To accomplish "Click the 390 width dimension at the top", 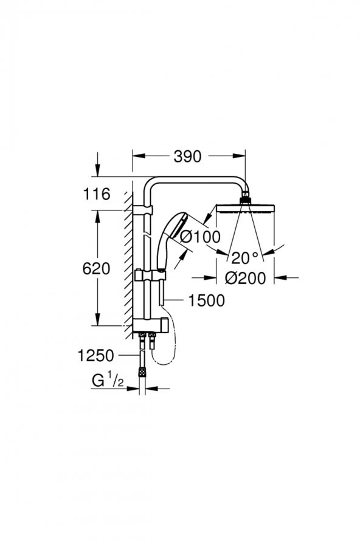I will pos(187,156).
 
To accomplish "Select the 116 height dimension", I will pos(97,195).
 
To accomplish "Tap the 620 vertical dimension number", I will pos(97,268).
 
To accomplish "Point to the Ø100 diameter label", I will pos(200,238).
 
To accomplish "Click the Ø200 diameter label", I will pos(245,278).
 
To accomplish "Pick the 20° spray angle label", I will pos(245,258).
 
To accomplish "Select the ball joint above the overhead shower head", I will pos(246,198).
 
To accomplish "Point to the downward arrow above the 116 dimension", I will pos(97,167).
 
